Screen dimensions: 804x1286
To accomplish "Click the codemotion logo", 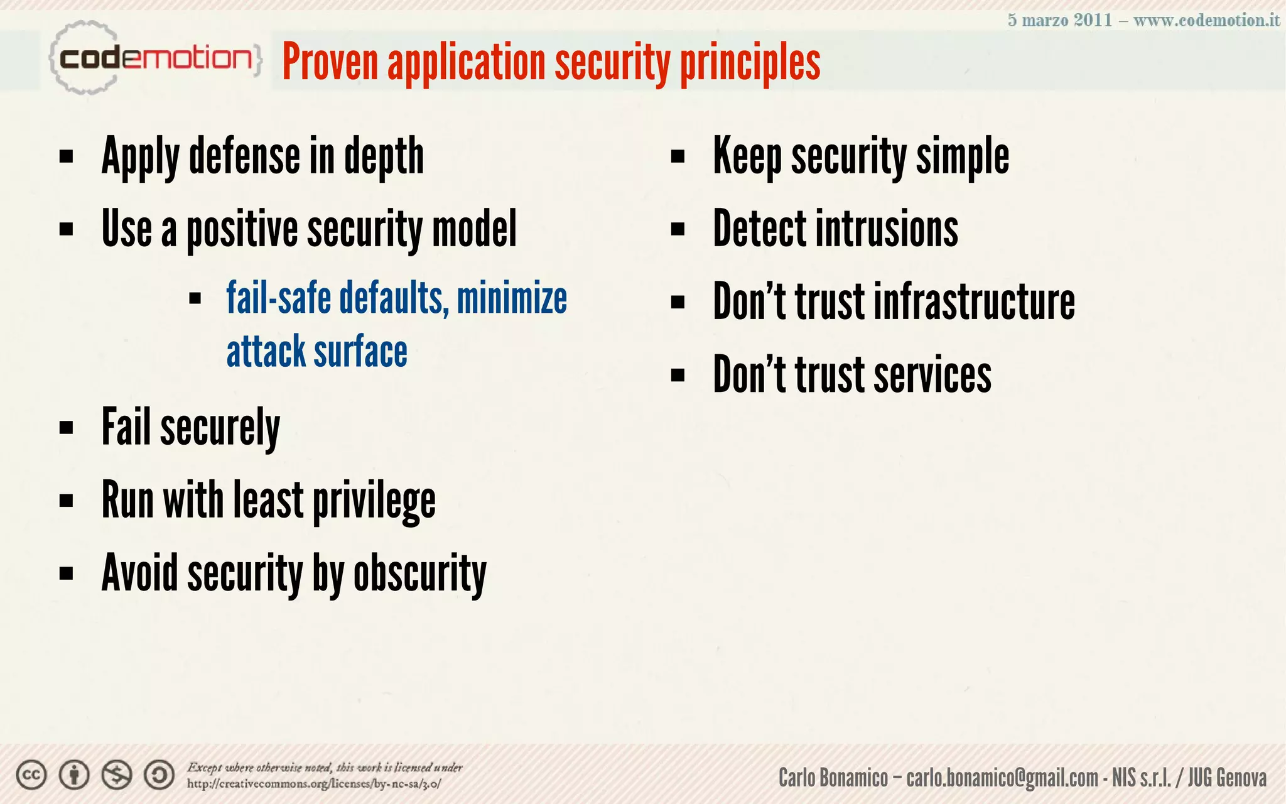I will [154, 58].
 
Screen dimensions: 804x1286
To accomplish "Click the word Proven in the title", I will [330, 62].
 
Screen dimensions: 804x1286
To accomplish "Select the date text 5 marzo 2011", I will [1059, 20].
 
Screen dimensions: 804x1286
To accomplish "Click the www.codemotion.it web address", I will [1206, 20].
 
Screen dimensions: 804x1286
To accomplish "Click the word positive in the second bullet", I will [242, 229].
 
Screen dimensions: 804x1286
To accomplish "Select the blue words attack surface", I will [316, 352].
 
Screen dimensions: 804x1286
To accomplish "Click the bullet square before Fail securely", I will [66, 428].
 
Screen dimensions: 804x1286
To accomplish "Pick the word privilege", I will [374, 501].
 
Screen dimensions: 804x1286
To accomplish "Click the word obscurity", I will [419, 573].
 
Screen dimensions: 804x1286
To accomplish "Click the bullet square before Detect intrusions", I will [677, 230].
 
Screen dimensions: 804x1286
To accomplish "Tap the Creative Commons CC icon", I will [31, 775].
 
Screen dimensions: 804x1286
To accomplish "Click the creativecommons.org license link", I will [313, 784].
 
